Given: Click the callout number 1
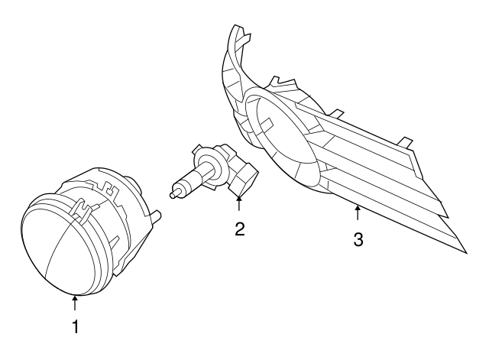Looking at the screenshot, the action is click(x=75, y=327).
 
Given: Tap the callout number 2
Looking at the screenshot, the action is click(x=239, y=229).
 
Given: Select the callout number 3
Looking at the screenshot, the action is click(x=358, y=238).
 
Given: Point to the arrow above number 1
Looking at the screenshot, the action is click(x=75, y=303).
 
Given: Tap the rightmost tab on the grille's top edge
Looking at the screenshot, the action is click(x=410, y=144).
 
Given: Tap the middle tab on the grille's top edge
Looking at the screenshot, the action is click(x=337, y=115).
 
